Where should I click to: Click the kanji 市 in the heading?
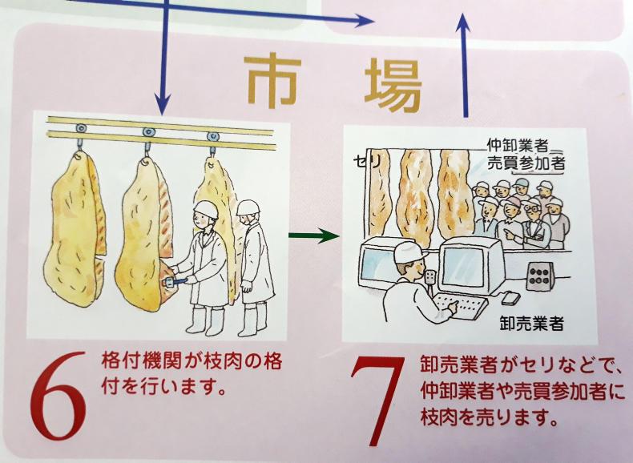(273, 83)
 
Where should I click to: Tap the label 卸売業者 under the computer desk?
(530, 324)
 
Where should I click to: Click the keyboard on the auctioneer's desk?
(460, 306)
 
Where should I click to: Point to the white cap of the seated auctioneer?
(406, 251)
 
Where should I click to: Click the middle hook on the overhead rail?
(147, 133)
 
